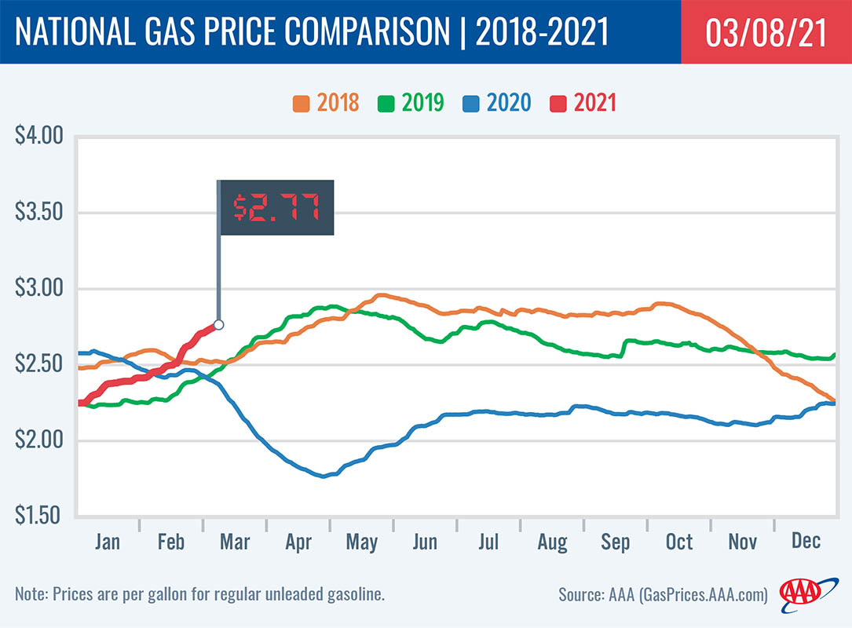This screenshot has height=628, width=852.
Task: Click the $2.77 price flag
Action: click(x=275, y=207)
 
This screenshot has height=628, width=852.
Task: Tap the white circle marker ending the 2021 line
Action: click(x=218, y=324)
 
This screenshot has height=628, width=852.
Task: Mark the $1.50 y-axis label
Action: click(x=38, y=516)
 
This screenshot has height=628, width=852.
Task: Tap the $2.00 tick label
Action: click(x=38, y=440)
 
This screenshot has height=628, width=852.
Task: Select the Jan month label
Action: click(x=107, y=542)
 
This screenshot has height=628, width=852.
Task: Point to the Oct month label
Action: click(x=679, y=542)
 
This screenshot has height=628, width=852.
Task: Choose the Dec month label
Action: click(x=806, y=542)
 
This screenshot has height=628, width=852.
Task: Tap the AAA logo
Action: click(x=801, y=593)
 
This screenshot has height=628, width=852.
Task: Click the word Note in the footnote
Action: click(x=31, y=594)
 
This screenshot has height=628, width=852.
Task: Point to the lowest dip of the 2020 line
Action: click(x=324, y=476)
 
